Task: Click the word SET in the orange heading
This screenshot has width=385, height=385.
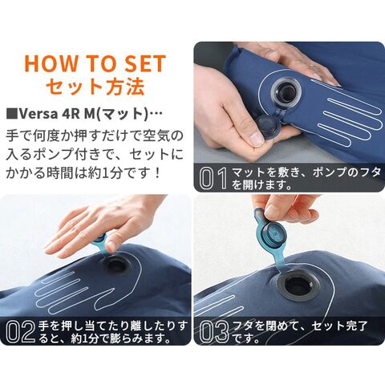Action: click(x=145, y=63)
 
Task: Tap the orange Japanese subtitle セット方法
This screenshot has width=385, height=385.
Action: click(x=95, y=87)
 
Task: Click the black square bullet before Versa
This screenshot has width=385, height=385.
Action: click(x=12, y=114)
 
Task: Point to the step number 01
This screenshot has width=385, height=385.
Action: click(x=214, y=178)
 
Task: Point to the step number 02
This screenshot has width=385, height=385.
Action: click(x=21, y=331)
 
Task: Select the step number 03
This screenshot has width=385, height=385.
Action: click(x=215, y=331)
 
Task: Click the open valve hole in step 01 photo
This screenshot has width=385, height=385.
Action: click(x=286, y=92)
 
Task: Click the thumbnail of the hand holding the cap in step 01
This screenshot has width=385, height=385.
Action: click(x=257, y=139)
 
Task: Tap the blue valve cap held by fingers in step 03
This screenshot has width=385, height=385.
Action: click(x=272, y=233)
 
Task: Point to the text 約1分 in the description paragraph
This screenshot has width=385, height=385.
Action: click(x=104, y=173)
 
